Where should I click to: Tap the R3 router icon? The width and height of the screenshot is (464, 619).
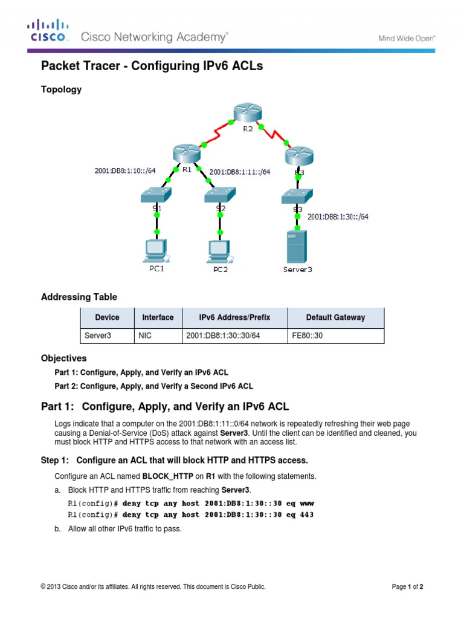point(298,155)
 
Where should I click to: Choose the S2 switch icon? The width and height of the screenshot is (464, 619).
point(221,194)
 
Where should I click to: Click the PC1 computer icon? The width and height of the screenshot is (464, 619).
point(156,249)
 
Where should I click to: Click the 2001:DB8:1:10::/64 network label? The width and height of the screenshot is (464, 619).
point(125,170)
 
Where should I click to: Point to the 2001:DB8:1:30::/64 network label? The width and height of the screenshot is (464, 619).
point(338,216)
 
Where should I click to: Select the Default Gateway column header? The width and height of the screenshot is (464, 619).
point(335,317)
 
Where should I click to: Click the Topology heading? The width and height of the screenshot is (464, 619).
point(61,89)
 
